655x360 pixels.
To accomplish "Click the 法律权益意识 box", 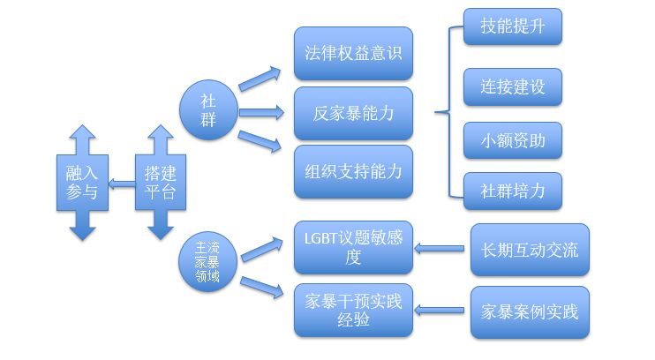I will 353,53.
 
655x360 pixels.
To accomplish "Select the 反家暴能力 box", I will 353,113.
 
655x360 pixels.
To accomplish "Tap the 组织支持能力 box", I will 353,171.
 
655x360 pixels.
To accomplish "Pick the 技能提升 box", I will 512,27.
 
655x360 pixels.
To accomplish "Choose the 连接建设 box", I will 512,86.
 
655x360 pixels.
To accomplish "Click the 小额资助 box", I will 512,140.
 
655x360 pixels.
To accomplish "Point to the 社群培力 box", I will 512,191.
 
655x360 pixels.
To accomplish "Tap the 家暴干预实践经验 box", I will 353,310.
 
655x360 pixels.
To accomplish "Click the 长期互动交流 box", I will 530,250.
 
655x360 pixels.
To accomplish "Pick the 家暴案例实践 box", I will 530,311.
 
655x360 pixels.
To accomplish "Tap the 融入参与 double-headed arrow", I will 82,182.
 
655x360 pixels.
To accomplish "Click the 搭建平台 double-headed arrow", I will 160,182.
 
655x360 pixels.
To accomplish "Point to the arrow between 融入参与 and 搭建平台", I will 121,186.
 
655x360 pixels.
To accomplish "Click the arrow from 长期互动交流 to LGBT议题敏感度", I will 440,250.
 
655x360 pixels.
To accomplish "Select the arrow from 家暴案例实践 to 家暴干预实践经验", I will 440,310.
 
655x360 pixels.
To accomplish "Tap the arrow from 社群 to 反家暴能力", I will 261,113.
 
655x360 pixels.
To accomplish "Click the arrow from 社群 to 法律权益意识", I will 260,78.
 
